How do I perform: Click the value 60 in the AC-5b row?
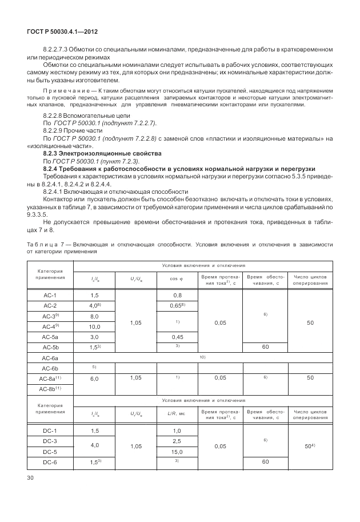point(265,347)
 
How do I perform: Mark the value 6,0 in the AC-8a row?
point(95,378)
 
